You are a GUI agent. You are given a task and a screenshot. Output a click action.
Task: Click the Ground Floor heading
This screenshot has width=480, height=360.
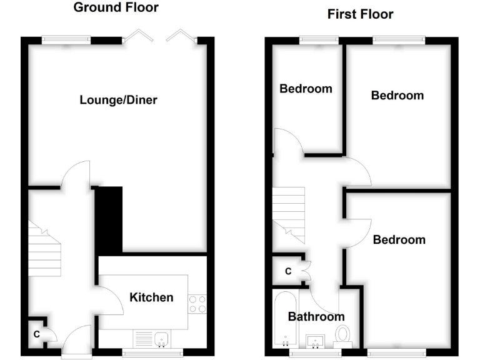[x=116, y=8]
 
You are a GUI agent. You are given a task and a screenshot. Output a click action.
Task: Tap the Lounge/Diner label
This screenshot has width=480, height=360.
[x=118, y=100]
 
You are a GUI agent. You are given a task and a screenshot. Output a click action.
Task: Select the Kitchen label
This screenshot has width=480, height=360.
[x=151, y=297]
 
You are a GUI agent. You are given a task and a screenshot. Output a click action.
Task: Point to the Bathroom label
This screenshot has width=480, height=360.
[x=316, y=317]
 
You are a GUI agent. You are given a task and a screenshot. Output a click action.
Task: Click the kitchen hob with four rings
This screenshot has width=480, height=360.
[x=197, y=304]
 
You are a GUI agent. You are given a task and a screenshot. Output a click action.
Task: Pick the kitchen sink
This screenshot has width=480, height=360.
[x=161, y=338]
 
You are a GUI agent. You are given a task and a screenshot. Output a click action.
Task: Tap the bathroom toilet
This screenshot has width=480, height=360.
[x=342, y=334]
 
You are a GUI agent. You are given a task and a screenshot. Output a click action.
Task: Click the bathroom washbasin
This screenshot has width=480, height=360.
[x=316, y=341]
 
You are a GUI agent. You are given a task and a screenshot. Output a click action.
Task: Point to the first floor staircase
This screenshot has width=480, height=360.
[x=288, y=215]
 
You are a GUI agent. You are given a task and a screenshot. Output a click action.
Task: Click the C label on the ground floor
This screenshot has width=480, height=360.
[x=37, y=334]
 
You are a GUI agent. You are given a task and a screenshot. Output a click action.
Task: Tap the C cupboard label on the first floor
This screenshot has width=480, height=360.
[x=288, y=271]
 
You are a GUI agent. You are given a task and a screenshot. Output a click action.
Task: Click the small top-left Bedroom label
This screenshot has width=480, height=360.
[x=306, y=89]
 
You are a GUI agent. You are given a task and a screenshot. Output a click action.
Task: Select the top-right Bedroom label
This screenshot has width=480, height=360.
[x=397, y=96]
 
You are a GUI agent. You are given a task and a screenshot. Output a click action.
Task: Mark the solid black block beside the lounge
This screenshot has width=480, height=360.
[x=109, y=219]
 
